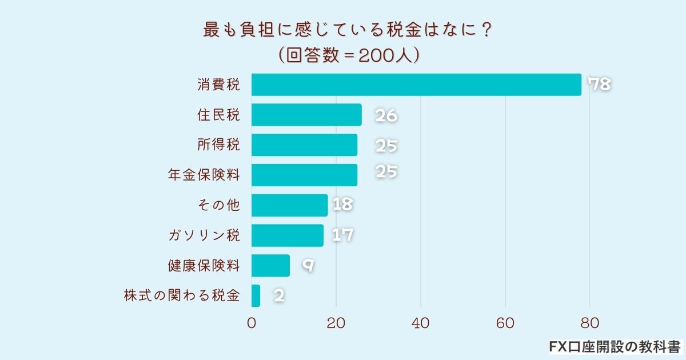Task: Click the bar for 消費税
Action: [x=416, y=85]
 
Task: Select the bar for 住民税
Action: [x=306, y=115]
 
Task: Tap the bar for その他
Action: [x=289, y=205]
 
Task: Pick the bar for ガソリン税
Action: [x=288, y=235]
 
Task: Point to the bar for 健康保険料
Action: [x=270, y=266]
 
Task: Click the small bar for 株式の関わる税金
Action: [x=256, y=296]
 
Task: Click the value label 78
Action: [x=600, y=85]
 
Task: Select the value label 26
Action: [x=386, y=115]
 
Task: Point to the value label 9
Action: [x=308, y=265]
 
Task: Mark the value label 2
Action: [x=279, y=296]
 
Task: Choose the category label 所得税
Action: [x=218, y=145]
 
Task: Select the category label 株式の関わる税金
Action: [x=182, y=296]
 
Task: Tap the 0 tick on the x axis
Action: [x=252, y=323]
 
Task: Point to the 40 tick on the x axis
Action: [x=421, y=323]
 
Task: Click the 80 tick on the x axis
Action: [x=589, y=323]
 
